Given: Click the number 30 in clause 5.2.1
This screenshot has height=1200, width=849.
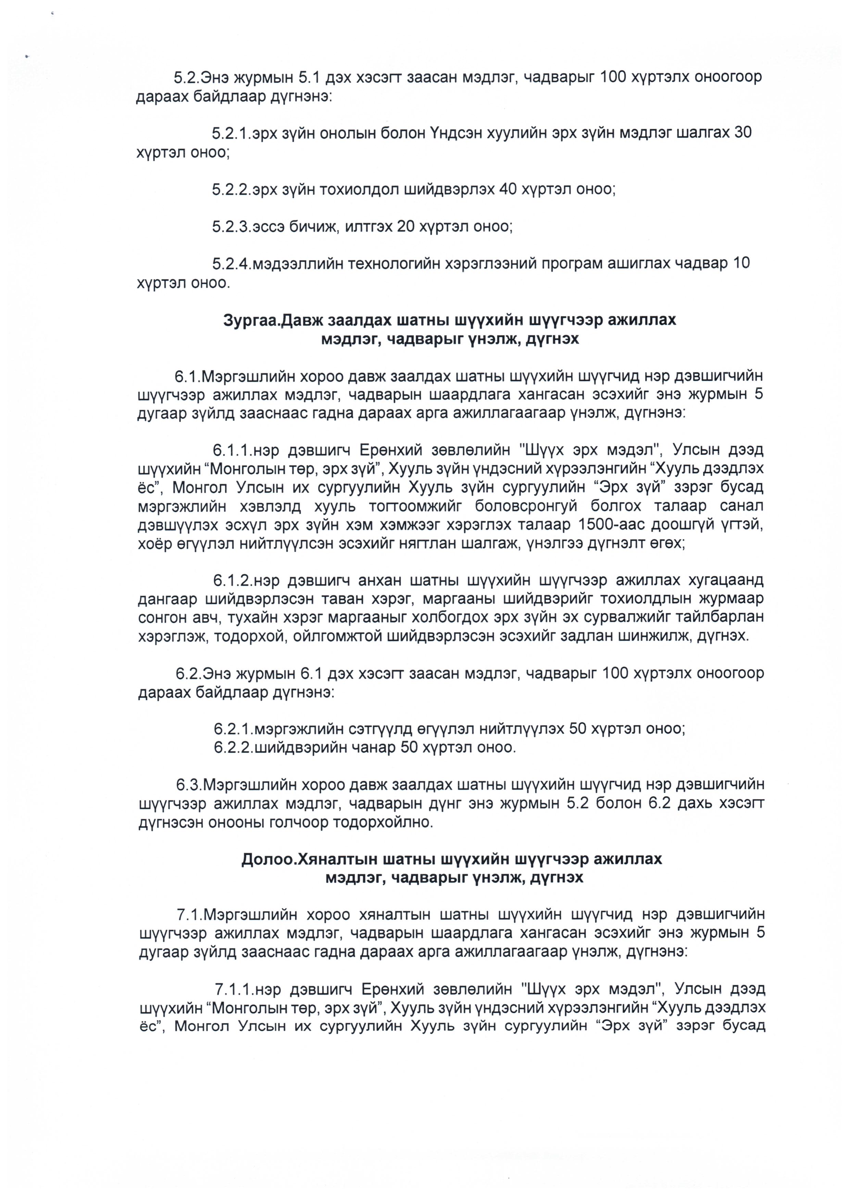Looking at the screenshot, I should coord(743,133).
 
